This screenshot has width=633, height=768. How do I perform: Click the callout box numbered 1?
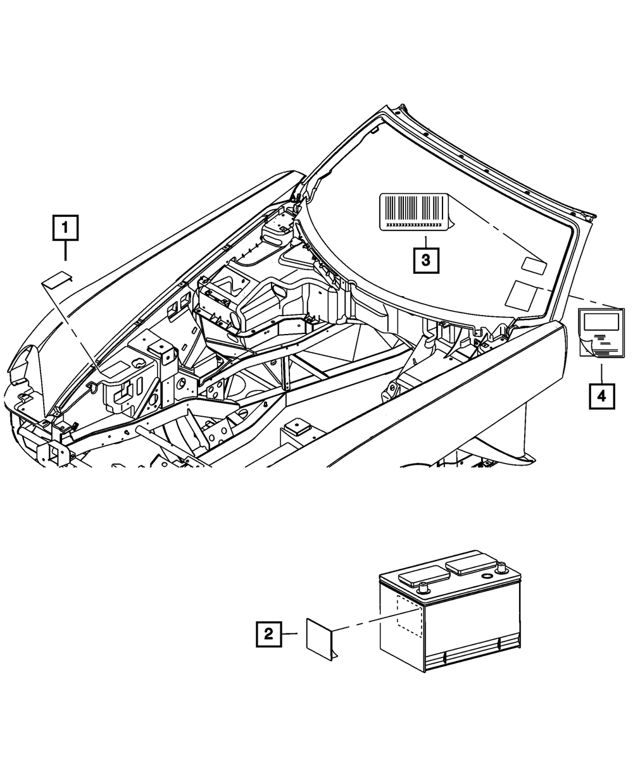click(x=66, y=228)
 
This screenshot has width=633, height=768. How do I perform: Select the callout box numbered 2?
click(x=269, y=634)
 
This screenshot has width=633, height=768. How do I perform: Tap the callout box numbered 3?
click(x=426, y=259)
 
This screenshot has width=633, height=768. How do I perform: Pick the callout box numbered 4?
click(x=601, y=396)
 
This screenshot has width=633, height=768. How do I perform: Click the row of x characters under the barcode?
click(x=414, y=225)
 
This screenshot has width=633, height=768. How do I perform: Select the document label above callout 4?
click(x=601, y=332)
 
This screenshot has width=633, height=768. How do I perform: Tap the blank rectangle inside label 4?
click(x=601, y=321)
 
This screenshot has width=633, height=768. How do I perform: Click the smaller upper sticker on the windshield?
click(x=533, y=266)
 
